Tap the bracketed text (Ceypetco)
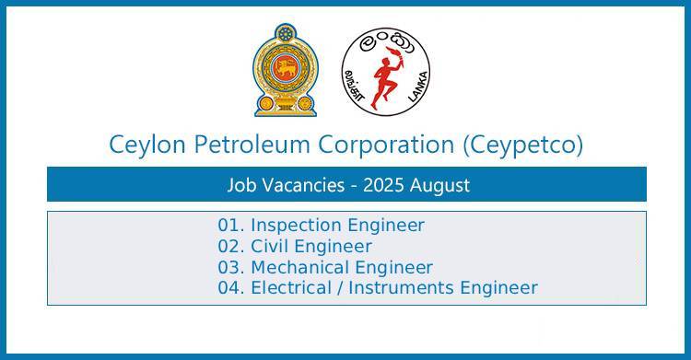(x=524, y=145)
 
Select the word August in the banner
(x=439, y=185)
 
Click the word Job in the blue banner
(x=240, y=185)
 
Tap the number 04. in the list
(x=231, y=288)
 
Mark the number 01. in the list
(x=231, y=225)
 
